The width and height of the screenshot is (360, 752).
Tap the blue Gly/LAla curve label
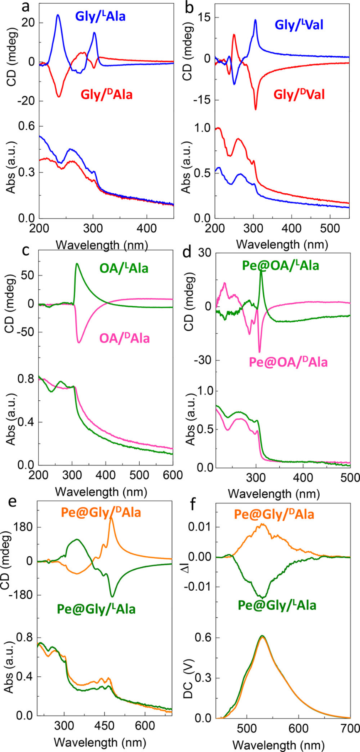tap(100, 16)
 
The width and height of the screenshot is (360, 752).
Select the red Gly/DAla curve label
tap(106, 95)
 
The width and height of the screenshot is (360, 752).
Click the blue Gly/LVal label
tap(299, 25)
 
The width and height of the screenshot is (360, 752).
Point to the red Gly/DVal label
tap(299, 95)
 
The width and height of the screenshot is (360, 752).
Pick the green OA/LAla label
tap(123, 268)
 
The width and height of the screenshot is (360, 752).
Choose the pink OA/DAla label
tap(124, 338)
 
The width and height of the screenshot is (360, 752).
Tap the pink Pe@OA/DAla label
tap(288, 362)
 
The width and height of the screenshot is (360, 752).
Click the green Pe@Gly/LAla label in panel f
tap(277, 605)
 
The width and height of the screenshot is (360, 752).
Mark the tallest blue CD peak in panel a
tap(58, 15)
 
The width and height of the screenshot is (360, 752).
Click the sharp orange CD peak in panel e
tap(111, 518)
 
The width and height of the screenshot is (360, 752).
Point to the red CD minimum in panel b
tap(255, 109)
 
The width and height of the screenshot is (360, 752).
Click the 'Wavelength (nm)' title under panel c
tap(101, 492)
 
